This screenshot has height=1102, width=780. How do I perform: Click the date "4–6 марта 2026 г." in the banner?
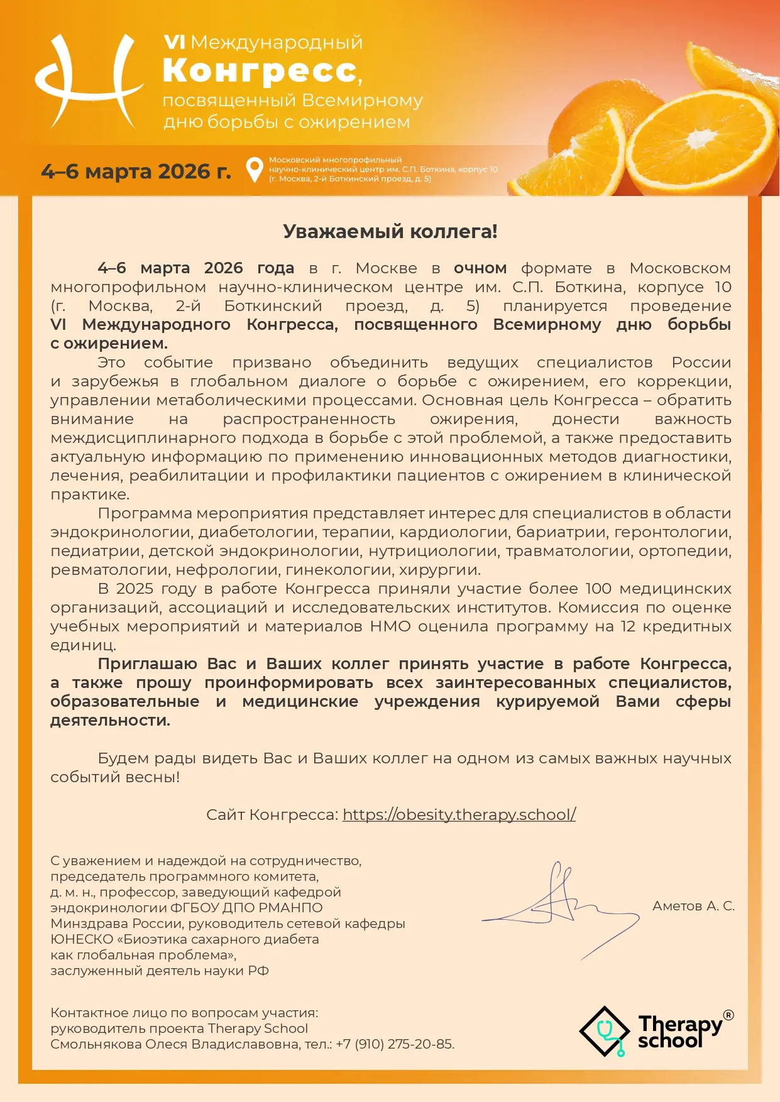[136, 172]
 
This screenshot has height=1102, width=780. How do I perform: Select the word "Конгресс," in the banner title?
[262, 71]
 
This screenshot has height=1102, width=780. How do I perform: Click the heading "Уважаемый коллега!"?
[390, 231]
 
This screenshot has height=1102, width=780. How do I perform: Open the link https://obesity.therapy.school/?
[459, 815]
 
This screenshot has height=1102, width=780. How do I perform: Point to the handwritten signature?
[559, 905]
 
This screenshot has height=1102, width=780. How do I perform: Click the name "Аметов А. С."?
[693, 906]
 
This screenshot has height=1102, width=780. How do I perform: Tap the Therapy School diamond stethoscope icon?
[604, 1031]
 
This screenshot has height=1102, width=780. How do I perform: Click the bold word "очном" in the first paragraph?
[480, 268]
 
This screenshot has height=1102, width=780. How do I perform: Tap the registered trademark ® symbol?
[728, 1015]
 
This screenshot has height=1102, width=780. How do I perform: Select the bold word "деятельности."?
[110, 721]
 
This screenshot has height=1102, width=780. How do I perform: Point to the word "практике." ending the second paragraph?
[90, 494]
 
